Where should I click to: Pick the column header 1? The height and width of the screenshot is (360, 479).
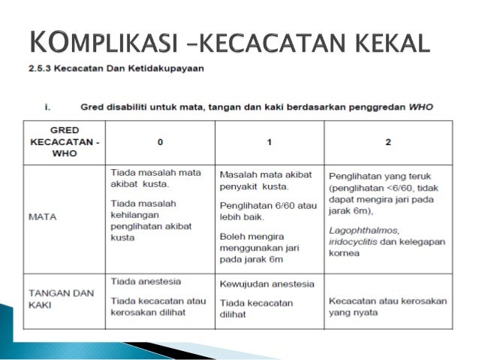click(269, 140)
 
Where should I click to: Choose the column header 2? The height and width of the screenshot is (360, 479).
click(388, 140)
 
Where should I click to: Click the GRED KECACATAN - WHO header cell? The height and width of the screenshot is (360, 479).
click(64, 140)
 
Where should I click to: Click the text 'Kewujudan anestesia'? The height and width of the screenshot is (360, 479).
click(267, 285)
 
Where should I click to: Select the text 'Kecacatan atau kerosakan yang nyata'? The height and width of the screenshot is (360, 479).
click(387, 306)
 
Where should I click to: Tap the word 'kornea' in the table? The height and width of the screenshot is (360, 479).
click(344, 253)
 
